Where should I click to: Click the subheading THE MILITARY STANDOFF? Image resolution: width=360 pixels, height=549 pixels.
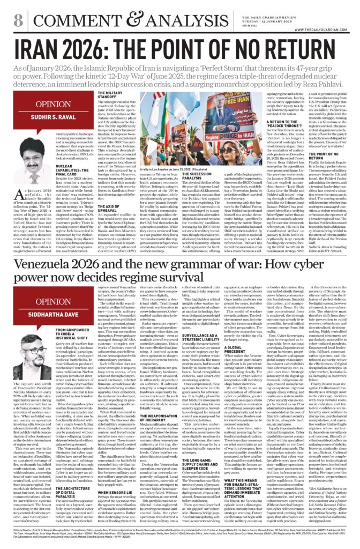pyautogui.click(x=112, y=95)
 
